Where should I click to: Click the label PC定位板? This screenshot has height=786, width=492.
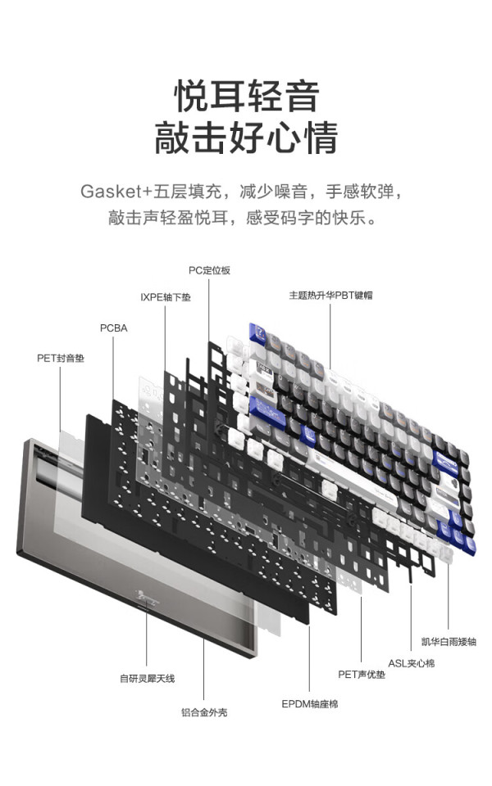[209, 271]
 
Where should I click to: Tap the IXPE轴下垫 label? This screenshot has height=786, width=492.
[166, 297]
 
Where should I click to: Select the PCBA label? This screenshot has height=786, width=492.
[113, 328]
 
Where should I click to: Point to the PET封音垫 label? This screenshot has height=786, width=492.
[61, 359]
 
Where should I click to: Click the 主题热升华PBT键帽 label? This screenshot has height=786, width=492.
[330, 296]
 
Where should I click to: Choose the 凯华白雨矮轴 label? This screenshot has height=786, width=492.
[449, 642]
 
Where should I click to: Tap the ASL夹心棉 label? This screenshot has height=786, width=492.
[411, 663]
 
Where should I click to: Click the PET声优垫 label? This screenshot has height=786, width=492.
[362, 675]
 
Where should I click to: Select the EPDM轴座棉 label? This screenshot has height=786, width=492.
[310, 704]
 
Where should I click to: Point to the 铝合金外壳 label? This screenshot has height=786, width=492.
[204, 712]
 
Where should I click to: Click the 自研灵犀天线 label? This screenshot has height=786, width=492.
[147, 679]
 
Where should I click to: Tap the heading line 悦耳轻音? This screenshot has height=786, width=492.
[247, 97]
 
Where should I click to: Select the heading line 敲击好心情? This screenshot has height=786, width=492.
[246, 138]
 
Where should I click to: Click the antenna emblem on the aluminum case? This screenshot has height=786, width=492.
[147, 598]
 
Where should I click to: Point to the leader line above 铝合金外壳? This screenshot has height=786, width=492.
[204, 670]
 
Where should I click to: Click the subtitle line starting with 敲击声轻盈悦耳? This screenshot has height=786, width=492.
[242, 218]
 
